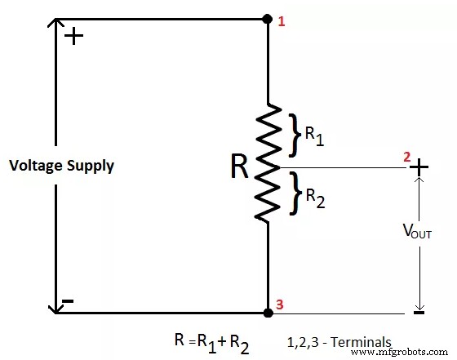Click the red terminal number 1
(x=282, y=21)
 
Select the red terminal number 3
(x=281, y=305)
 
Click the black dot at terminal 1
(x=268, y=18)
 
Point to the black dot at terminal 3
(x=268, y=312)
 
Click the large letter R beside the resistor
(x=239, y=167)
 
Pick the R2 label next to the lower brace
(x=315, y=197)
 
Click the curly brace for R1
(x=295, y=134)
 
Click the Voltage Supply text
(x=62, y=166)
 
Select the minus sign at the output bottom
(x=419, y=311)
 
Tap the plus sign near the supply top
(x=73, y=37)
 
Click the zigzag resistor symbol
(x=268, y=163)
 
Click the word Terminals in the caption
(x=364, y=342)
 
